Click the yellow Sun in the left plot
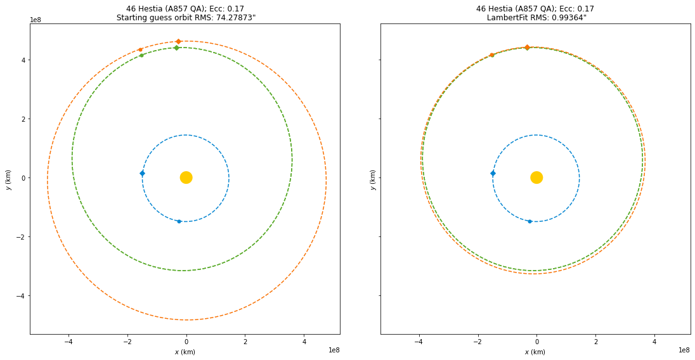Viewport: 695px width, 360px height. coord(186,177)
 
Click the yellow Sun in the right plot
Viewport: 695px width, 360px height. coord(536,177)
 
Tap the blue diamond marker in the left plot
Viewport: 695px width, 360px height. coord(142,173)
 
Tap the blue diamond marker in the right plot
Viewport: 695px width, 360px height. coord(493,173)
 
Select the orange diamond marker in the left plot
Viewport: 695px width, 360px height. coord(178,41)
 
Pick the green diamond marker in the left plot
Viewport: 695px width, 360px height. coord(176,48)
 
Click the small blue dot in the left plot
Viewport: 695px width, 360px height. coord(179,221)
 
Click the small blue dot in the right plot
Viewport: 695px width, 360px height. coord(529,221)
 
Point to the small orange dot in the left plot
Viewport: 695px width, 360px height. coord(140,49)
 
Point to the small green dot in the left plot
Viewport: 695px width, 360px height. coord(141,55)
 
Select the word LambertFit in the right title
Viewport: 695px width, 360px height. coord(508,18)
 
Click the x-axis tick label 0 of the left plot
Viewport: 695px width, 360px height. coord(186,342)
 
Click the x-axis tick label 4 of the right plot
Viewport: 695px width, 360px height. coord(654,342)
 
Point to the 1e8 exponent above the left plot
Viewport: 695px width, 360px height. coord(36,20)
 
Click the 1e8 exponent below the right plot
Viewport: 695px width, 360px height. coord(684,350)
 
